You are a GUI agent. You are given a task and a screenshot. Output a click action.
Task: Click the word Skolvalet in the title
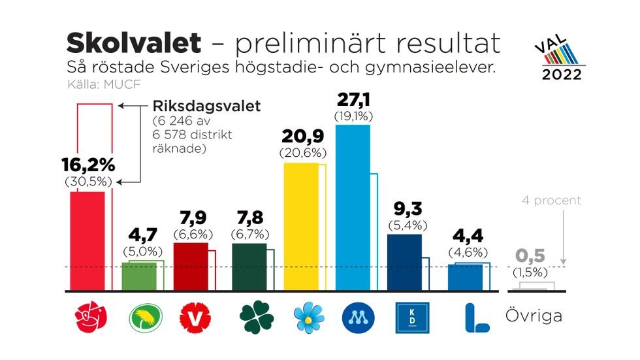pos(133,43)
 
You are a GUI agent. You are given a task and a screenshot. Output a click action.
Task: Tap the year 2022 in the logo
pos(562,74)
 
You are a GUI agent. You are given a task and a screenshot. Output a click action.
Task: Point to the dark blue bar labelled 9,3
pos(404,262)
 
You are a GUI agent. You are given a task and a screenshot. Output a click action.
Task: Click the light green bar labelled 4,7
pos(139,276)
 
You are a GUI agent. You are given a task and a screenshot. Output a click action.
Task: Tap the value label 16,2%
pos(88,164)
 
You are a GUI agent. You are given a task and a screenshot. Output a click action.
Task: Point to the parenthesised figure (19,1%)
pos(353,117)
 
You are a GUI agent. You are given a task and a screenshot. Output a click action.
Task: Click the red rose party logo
pos(88,318)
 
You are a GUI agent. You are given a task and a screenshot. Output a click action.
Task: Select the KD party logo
pos(413,318)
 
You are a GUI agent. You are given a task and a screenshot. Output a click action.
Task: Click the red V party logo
pos(194,318)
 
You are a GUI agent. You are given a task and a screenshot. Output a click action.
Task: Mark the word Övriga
pos(534,317)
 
